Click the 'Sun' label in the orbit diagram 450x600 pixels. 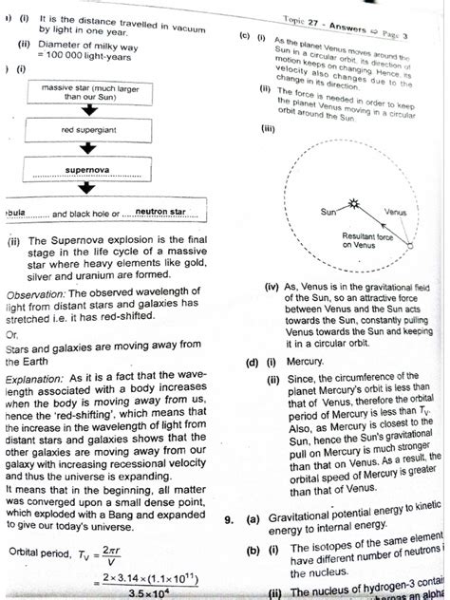pyautogui.click(x=330, y=213)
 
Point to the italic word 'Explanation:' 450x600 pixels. pyautogui.click(x=37, y=375)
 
